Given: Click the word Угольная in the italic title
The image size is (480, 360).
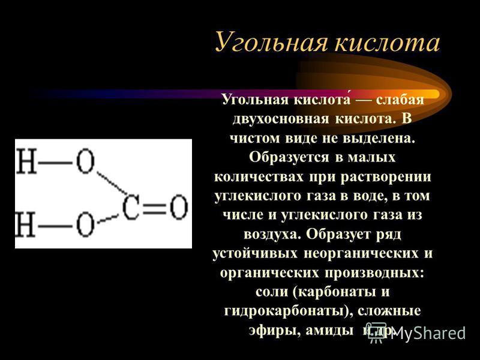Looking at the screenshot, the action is pos(271,43).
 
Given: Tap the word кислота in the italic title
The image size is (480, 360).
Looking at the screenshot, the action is pos(387,42).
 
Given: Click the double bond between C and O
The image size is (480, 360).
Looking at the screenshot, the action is pos(154,208).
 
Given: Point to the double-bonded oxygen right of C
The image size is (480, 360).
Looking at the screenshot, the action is pos(178,207).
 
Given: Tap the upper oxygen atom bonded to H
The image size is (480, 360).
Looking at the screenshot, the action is pos(85,161).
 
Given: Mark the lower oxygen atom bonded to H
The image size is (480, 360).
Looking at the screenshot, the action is pos(85,224).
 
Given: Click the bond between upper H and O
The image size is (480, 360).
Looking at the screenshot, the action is pos(56,162).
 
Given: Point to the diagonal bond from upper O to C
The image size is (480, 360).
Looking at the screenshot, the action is pos(112,183).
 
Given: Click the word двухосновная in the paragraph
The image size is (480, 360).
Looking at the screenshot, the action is pos(280,119).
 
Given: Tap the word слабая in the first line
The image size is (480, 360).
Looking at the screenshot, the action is pos(400,100).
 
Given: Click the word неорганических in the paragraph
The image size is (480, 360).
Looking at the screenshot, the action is pos(361,253).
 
